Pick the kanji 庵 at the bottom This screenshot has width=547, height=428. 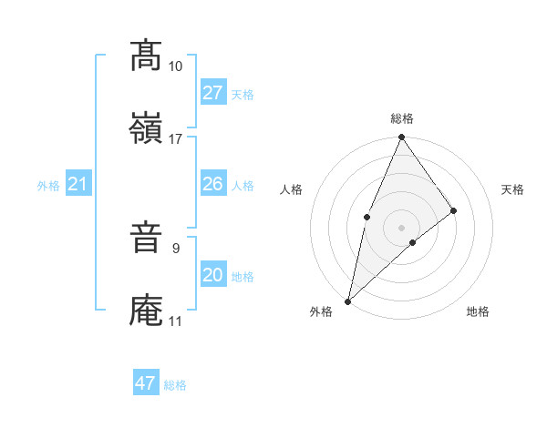pos(146,311)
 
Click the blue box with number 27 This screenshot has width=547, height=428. pos(212,93)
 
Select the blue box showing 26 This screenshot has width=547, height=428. pos(212,184)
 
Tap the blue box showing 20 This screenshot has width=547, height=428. pos(212,275)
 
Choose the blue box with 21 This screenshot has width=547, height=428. pos(77,185)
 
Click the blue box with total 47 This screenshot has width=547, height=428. pos(146,383)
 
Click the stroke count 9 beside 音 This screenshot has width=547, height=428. pos(175,247)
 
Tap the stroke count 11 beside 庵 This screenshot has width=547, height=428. pos(175,321)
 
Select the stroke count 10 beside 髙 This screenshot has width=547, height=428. pos(175,66)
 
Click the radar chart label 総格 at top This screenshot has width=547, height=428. pos(402,118)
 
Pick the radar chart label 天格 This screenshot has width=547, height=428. pos(512,189)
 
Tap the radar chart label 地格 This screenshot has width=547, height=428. pos(478,311)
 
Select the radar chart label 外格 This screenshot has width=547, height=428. pos(321,311)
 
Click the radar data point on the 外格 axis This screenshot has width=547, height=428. pos(348,301)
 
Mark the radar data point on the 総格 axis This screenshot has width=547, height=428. pos(402,138)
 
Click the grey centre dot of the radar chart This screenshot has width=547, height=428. pos(402,227)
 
